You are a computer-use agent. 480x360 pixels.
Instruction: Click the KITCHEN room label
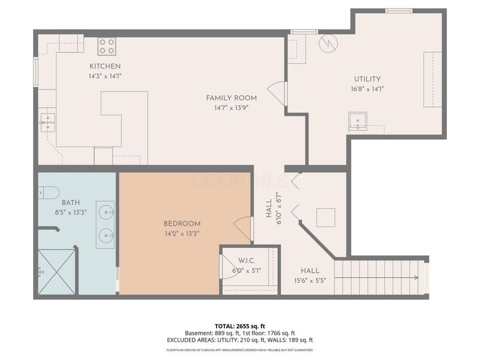(x=105, y=66)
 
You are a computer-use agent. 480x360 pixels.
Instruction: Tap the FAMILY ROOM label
(x=231, y=98)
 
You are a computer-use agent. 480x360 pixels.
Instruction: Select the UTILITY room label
(x=367, y=79)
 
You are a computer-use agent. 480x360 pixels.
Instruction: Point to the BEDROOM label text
(x=182, y=223)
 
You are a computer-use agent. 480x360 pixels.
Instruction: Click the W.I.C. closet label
(x=247, y=260)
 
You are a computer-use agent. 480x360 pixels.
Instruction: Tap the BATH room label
(x=70, y=203)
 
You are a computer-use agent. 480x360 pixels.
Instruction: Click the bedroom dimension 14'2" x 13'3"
(x=182, y=233)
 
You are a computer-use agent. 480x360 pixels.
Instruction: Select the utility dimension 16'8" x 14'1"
(x=367, y=89)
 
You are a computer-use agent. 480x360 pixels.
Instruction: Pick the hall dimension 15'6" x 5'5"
(x=310, y=280)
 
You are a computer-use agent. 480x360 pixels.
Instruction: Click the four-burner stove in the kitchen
(x=107, y=46)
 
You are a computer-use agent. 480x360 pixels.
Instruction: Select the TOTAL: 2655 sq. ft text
(x=239, y=325)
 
